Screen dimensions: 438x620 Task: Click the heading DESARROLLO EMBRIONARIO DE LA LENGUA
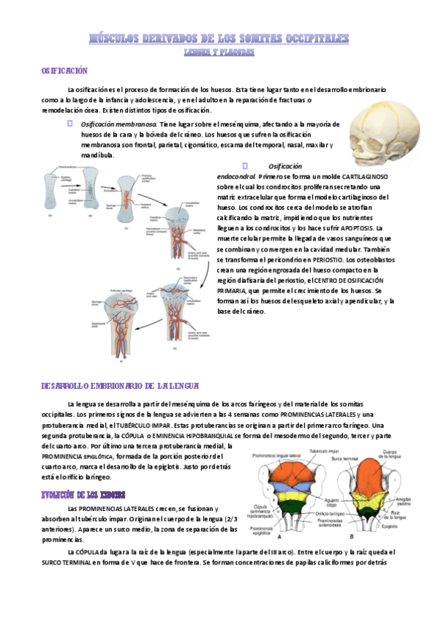(x=124, y=385)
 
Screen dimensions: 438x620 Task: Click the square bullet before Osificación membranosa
(x=70, y=124)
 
